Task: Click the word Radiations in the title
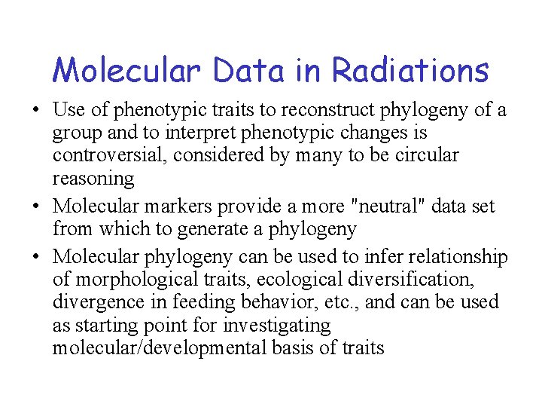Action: pos(410,71)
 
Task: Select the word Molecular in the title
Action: pos(126,71)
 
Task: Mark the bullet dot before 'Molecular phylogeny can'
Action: pos(36,258)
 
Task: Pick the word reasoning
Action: pos(93,179)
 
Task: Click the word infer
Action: pos(375,257)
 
